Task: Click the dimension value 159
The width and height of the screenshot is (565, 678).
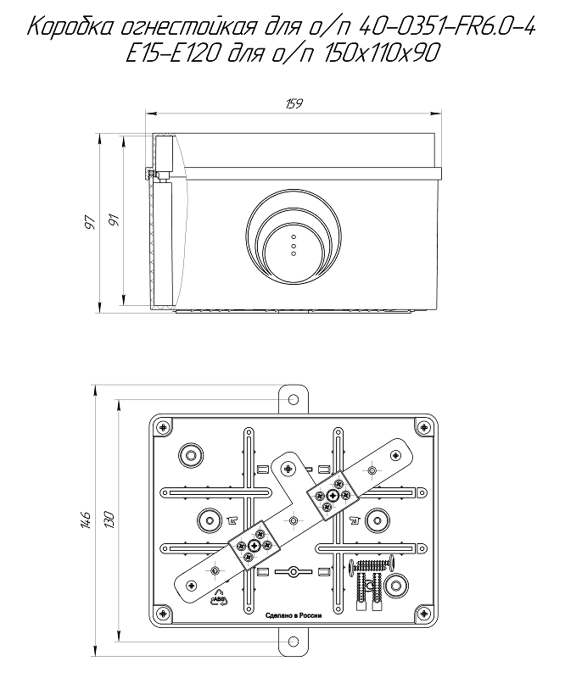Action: click(294, 104)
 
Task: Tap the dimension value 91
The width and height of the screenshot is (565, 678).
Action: click(114, 220)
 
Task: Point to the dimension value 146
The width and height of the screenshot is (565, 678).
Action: click(85, 520)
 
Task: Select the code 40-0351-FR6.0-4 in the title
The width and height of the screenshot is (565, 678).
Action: click(447, 28)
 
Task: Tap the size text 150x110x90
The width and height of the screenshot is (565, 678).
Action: click(382, 54)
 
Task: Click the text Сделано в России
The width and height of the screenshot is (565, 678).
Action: click(294, 615)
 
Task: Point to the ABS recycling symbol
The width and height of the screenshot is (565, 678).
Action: click(219, 599)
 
